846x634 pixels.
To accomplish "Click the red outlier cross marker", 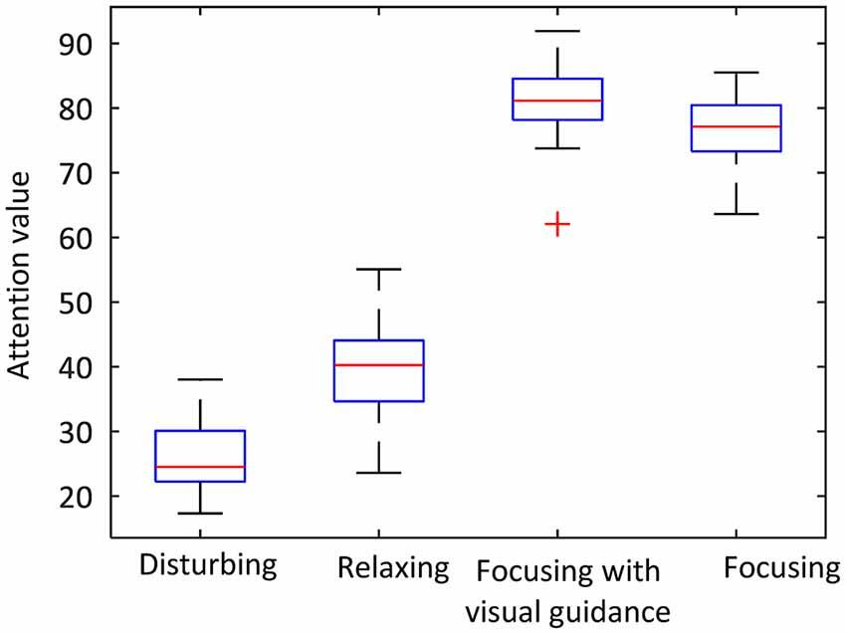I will click(557, 224).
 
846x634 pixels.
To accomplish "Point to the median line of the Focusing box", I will click(736, 126).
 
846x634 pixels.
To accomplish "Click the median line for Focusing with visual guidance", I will click(557, 101).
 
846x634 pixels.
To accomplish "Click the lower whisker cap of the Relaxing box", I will click(380, 473).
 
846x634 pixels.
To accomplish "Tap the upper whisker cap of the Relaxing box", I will click(380, 269).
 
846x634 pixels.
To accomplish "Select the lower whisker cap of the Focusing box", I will click(736, 214).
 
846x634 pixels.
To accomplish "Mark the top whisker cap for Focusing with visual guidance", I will click(557, 31).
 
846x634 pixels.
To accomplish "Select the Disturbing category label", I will click(207, 566).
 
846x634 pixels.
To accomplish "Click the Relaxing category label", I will click(393, 568).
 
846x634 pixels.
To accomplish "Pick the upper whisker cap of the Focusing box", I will click(736, 73).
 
